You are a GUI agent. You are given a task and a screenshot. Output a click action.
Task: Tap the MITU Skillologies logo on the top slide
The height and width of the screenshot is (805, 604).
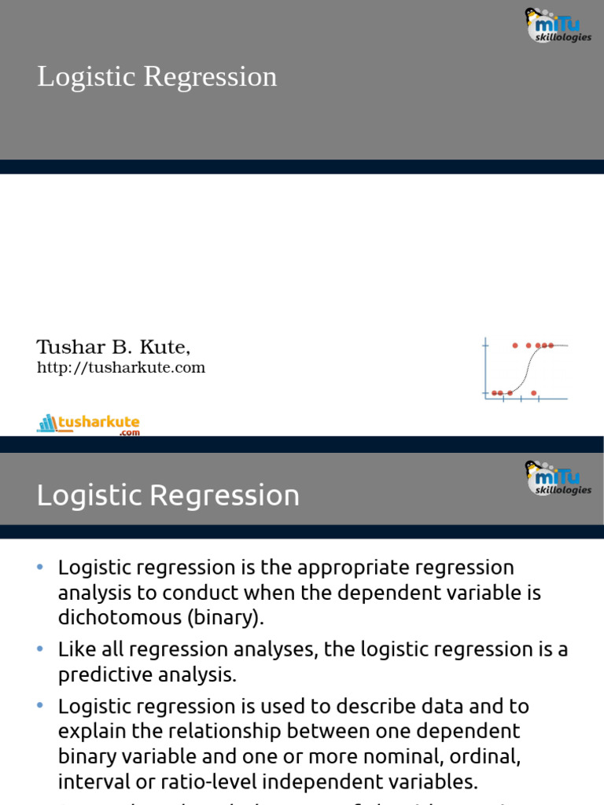click(558, 25)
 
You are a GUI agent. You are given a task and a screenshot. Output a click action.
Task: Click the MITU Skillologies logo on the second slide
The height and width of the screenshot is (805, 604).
click(558, 478)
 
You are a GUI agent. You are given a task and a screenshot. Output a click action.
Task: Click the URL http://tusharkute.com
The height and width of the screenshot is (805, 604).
click(121, 368)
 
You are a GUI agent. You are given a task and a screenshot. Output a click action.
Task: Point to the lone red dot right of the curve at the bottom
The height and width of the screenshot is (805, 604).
click(534, 392)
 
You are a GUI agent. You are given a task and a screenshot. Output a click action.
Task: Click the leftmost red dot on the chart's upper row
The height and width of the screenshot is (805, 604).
click(516, 345)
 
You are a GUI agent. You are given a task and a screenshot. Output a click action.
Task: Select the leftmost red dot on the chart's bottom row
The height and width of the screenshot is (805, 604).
click(494, 392)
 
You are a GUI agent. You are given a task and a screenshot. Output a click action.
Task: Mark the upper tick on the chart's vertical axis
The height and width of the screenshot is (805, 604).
click(485, 345)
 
